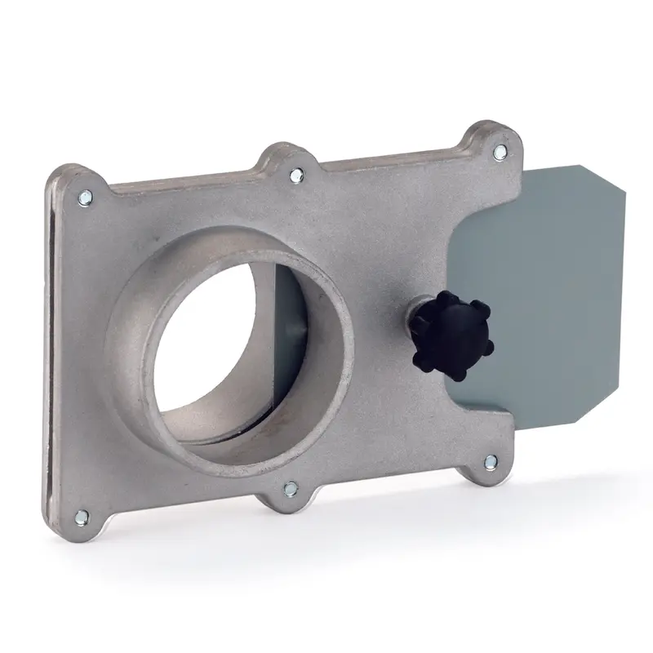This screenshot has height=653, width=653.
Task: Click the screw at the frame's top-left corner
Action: tap(84, 196)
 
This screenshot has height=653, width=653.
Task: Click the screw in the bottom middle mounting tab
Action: tap(289, 489)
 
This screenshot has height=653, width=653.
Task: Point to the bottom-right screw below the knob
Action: tap(489, 463)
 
